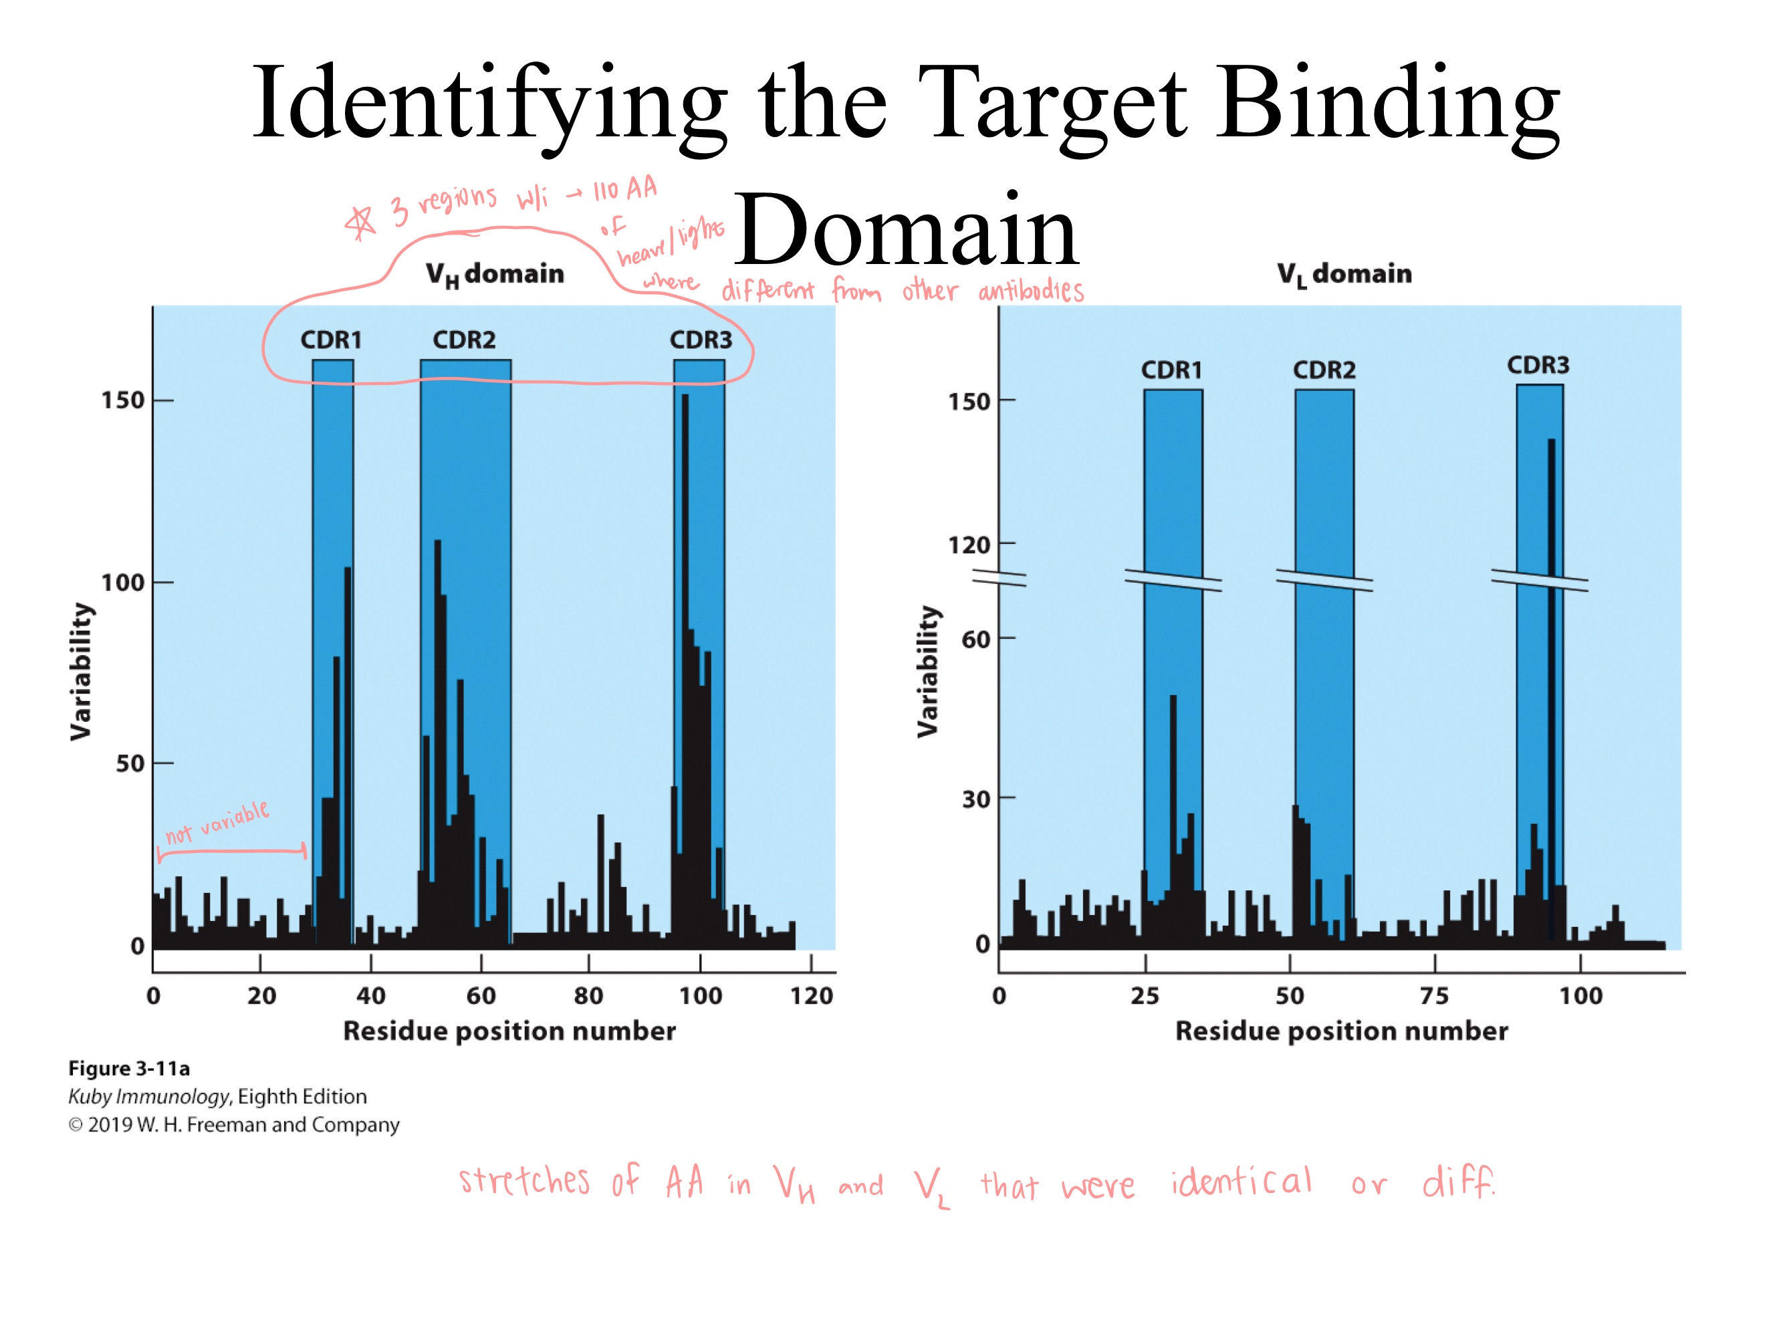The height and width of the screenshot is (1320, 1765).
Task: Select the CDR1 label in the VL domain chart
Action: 1171,370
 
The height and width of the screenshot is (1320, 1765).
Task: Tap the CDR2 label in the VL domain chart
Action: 1324,370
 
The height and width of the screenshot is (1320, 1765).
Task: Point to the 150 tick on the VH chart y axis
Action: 123,400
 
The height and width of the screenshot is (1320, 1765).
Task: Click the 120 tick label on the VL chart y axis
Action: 969,545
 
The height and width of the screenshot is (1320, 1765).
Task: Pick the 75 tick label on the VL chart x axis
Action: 1433,995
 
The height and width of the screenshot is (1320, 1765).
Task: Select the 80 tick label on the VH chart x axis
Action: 589,995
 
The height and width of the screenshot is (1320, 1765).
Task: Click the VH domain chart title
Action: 495,273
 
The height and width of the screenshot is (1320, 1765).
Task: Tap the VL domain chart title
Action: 1344,273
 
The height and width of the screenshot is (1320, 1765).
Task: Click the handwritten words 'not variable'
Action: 217,822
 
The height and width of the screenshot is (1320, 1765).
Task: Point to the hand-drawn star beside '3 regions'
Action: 360,223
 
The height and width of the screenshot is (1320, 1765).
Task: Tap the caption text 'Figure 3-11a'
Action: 129,1068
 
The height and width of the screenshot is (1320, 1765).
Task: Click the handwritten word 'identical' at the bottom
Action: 1241,1182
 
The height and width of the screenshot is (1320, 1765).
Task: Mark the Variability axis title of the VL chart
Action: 927,672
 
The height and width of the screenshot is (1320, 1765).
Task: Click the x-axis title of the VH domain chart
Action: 509,1031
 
